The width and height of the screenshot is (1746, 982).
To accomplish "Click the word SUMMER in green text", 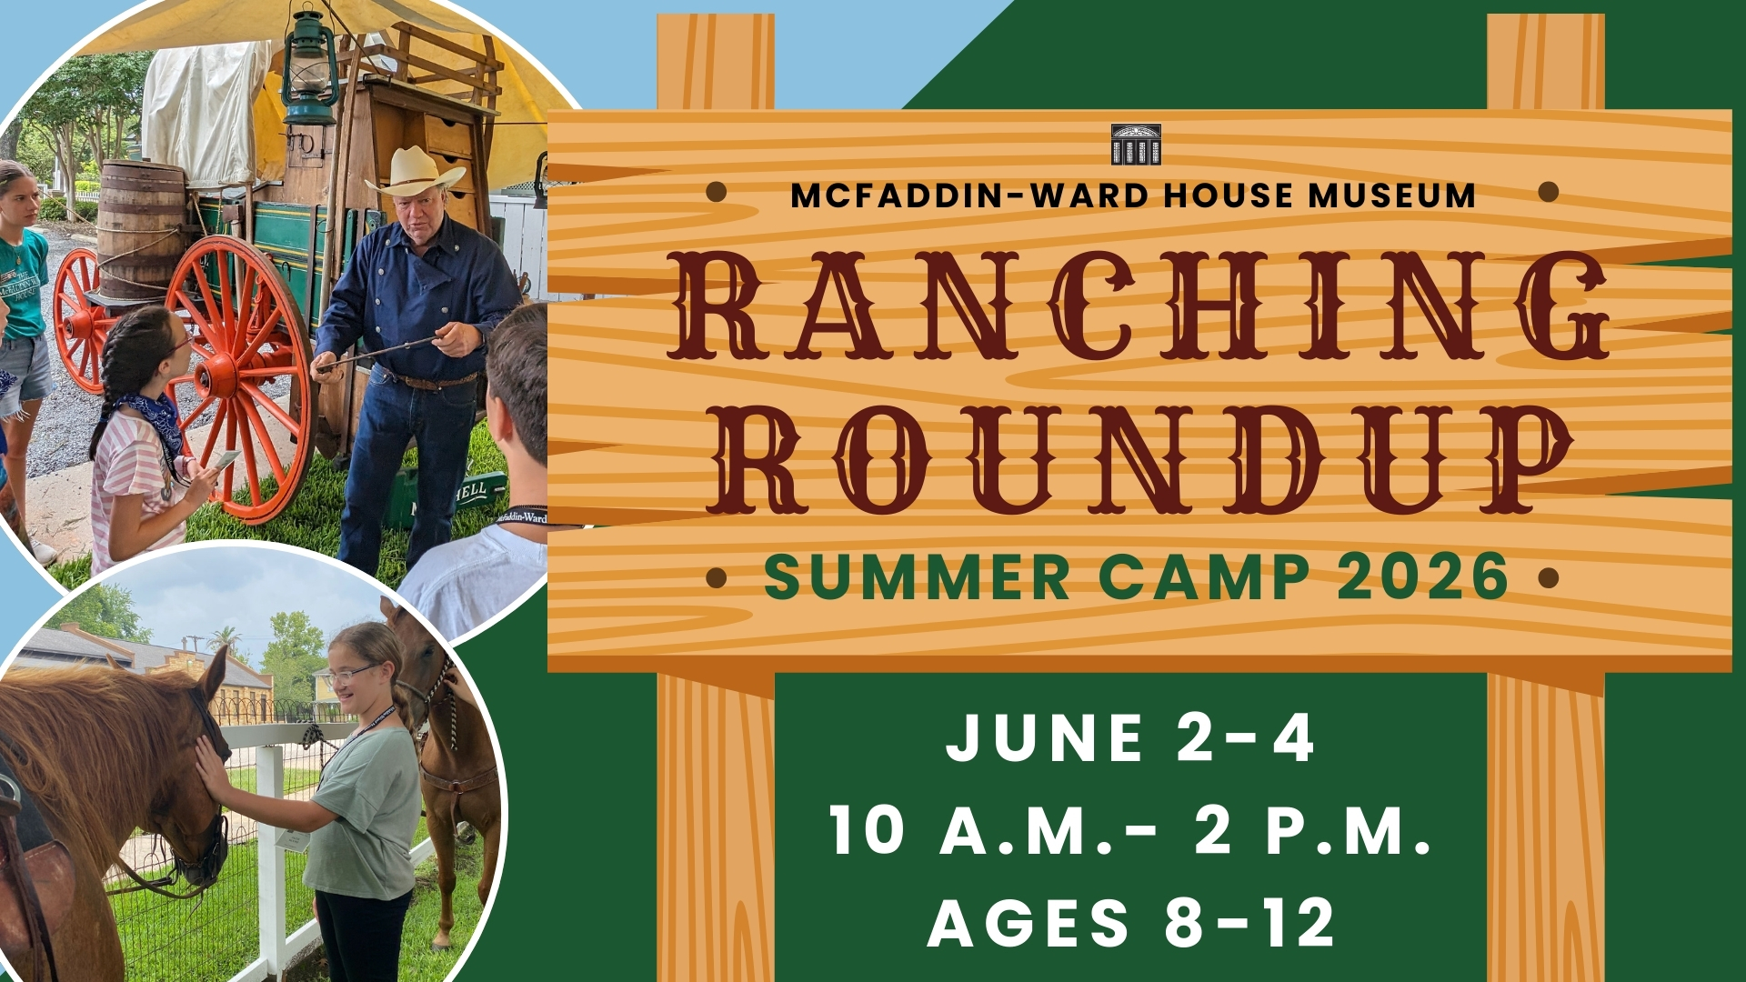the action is (x=918, y=576).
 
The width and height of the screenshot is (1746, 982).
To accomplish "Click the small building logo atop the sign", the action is (x=1136, y=144).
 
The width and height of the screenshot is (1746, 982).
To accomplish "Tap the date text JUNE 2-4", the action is (x=1130, y=737).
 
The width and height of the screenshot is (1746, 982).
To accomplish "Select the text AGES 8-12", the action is (x=1132, y=922).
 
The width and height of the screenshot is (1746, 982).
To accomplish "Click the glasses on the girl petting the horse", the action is (x=351, y=674).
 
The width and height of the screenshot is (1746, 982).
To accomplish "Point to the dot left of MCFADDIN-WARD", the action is (x=717, y=192).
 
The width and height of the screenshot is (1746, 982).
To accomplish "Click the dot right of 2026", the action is (x=1549, y=577).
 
